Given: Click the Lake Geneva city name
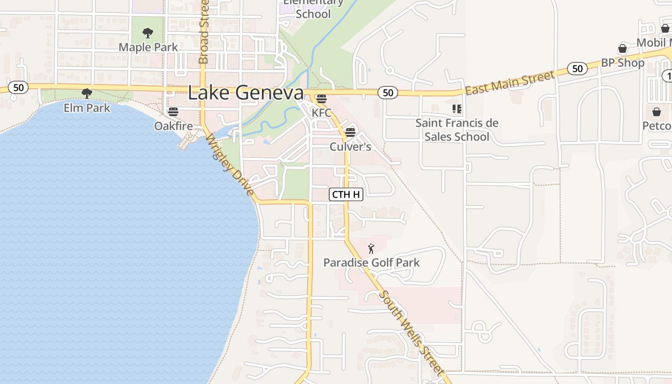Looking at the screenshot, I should tap(245, 93).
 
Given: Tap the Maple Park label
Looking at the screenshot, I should tap(148, 47).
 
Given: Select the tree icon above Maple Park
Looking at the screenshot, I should tap(148, 33).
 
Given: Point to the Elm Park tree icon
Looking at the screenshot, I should tap(86, 93).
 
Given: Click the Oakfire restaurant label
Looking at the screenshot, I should tap(173, 126).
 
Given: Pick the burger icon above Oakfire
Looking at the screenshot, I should tap(173, 112).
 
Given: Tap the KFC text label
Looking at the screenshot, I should tap(321, 113).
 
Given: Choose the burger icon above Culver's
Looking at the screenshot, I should tap(350, 132).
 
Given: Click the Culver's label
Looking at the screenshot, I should tap(350, 146).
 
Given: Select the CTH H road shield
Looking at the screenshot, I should tap(346, 194).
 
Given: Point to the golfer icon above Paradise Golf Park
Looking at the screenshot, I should tap(371, 249).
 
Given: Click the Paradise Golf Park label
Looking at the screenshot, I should tap(371, 263).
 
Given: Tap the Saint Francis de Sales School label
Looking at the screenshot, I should tap(456, 130).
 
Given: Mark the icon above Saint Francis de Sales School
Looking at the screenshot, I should tap(456, 109).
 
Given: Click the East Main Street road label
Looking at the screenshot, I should tap(510, 83).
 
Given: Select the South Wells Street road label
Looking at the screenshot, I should tap(411, 333).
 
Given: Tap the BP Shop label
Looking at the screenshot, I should tap(623, 63).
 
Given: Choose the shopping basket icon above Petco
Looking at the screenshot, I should tap(657, 112).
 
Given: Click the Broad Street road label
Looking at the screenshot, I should tap(204, 32).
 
